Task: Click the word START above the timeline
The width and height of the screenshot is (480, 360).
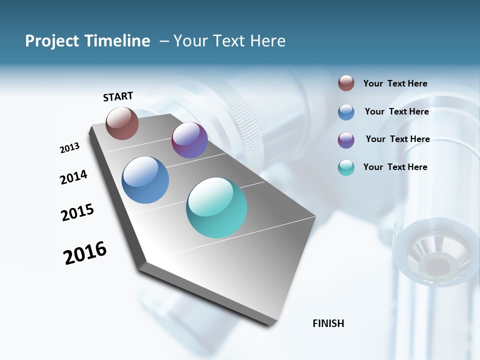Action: (x=118, y=96)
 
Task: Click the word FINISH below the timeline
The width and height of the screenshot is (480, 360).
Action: (x=328, y=323)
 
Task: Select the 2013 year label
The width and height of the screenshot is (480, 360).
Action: (x=70, y=148)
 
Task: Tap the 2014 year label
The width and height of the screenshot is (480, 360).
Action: (x=73, y=177)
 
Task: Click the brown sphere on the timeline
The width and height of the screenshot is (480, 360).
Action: (x=122, y=123)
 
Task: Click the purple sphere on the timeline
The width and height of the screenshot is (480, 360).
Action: (x=189, y=140)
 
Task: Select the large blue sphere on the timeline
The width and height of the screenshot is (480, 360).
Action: (x=145, y=180)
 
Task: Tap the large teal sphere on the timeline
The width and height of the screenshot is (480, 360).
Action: (x=216, y=207)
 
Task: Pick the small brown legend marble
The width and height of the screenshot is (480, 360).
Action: (x=346, y=83)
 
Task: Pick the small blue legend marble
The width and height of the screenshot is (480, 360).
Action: (x=346, y=112)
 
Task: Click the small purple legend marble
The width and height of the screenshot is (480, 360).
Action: (x=346, y=140)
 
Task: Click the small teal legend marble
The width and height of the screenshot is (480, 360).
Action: (x=346, y=167)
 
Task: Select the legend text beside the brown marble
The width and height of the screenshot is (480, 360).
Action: (x=395, y=84)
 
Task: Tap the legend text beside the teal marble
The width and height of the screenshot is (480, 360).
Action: (x=395, y=167)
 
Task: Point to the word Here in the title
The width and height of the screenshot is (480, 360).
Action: (x=268, y=41)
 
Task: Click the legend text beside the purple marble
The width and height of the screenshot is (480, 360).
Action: (x=397, y=139)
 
